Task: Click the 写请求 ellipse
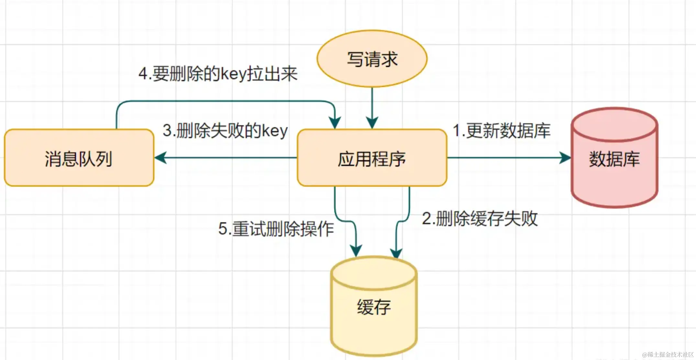[x=372, y=59]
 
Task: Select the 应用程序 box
[x=372, y=158]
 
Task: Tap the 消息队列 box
[x=79, y=158]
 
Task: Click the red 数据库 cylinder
[x=614, y=158]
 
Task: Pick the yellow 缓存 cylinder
[x=374, y=307]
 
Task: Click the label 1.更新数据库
[x=501, y=131]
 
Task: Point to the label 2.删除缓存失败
[x=480, y=219]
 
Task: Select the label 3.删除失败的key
[x=225, y=131]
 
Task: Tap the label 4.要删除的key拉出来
[x=218, y=74]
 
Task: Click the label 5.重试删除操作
[x=276, y=229]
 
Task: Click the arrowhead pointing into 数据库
[x=565, y=158]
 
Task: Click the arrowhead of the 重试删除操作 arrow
[x=356, y=251]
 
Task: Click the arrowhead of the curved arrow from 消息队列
[x=335, y=123]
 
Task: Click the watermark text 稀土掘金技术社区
[x=668, y=355]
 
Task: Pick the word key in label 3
[x=275, y=131]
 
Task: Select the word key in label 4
[x=234, y=74]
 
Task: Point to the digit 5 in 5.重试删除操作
[x=223, y=229]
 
